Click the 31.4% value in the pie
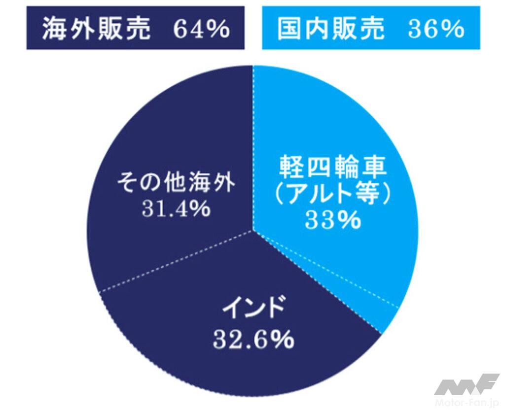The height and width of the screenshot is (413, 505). (x=176, y=209)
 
